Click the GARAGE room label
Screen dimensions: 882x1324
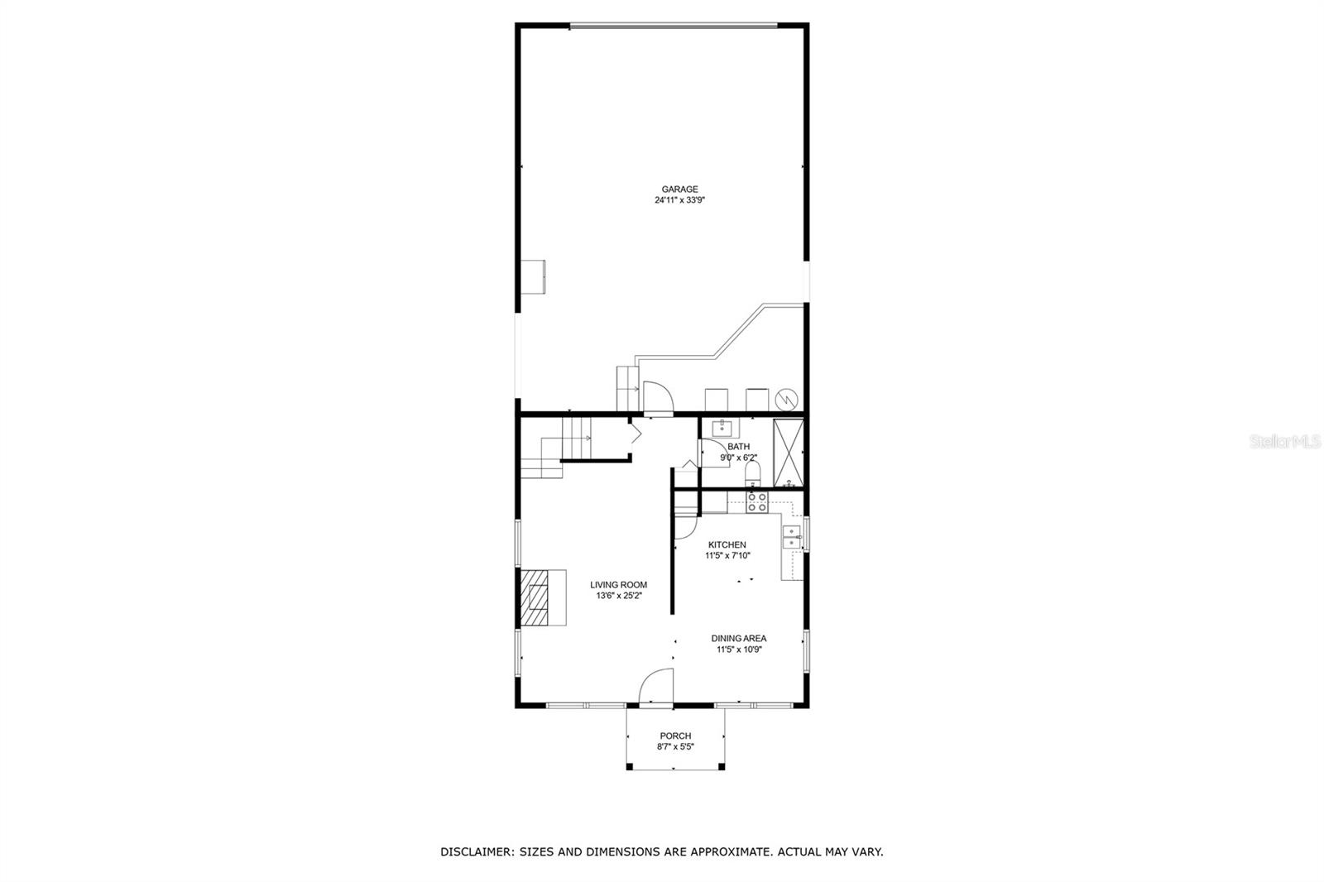[x=679, y=189]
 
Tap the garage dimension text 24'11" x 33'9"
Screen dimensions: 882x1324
[x=679, y=200]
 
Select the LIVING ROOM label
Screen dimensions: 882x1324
[x=618, y=585]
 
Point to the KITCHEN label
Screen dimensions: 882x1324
[x=727, y=544]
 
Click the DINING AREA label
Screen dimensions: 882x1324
[x=739, y=638]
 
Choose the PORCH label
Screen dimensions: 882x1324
[x=675, y=736]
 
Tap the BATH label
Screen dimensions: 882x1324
[x=738, y=447]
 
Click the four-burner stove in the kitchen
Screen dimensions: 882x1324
[x=756, y=502]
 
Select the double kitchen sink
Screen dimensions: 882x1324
[x=792, y=537]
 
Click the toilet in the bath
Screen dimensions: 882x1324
[x=752, y=473]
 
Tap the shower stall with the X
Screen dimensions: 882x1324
[x=788, y=452]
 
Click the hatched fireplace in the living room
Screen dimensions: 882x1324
[x=535, y=597]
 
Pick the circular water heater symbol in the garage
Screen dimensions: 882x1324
[x=785, y=399]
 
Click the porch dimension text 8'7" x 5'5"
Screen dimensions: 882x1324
[x=675, y=746]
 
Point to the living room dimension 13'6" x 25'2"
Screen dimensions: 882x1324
[x=618, y=596]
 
